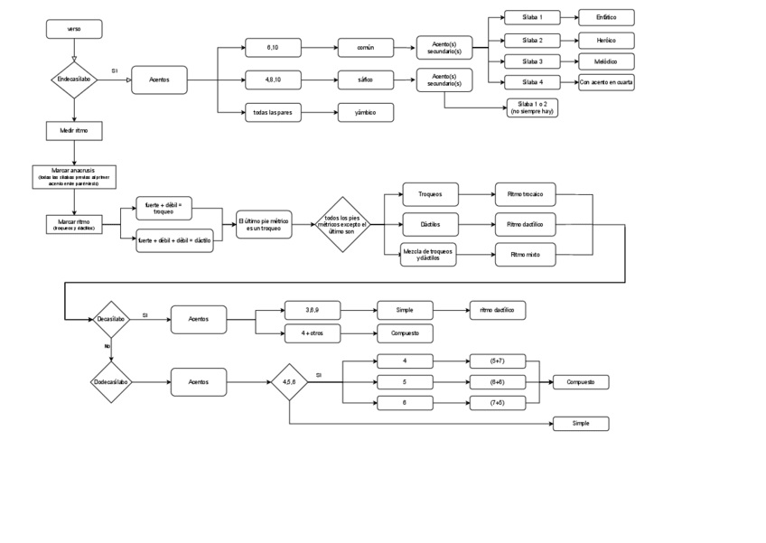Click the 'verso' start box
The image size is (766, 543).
[73, 29]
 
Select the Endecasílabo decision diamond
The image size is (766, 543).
[73, 80]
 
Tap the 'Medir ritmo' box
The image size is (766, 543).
[73, 131]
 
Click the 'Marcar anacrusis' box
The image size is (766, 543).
[73, 176]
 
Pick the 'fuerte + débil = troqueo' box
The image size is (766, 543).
[163, 208]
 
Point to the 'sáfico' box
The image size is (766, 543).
[364, 80]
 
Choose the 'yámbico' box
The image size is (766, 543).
[364, 112]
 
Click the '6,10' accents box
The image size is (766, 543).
[273, 47]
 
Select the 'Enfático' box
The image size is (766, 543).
[606, 17]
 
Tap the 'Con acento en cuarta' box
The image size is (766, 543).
[606, 82]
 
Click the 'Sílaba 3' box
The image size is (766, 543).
[531, 61]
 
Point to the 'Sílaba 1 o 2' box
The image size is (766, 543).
[531, 108]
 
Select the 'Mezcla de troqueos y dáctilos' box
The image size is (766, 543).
[428, 255]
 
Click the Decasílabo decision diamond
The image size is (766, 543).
[111, 319]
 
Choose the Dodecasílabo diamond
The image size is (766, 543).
[111, 382]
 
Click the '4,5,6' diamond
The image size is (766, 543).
[289, 382]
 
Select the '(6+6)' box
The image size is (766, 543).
[497, 382]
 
